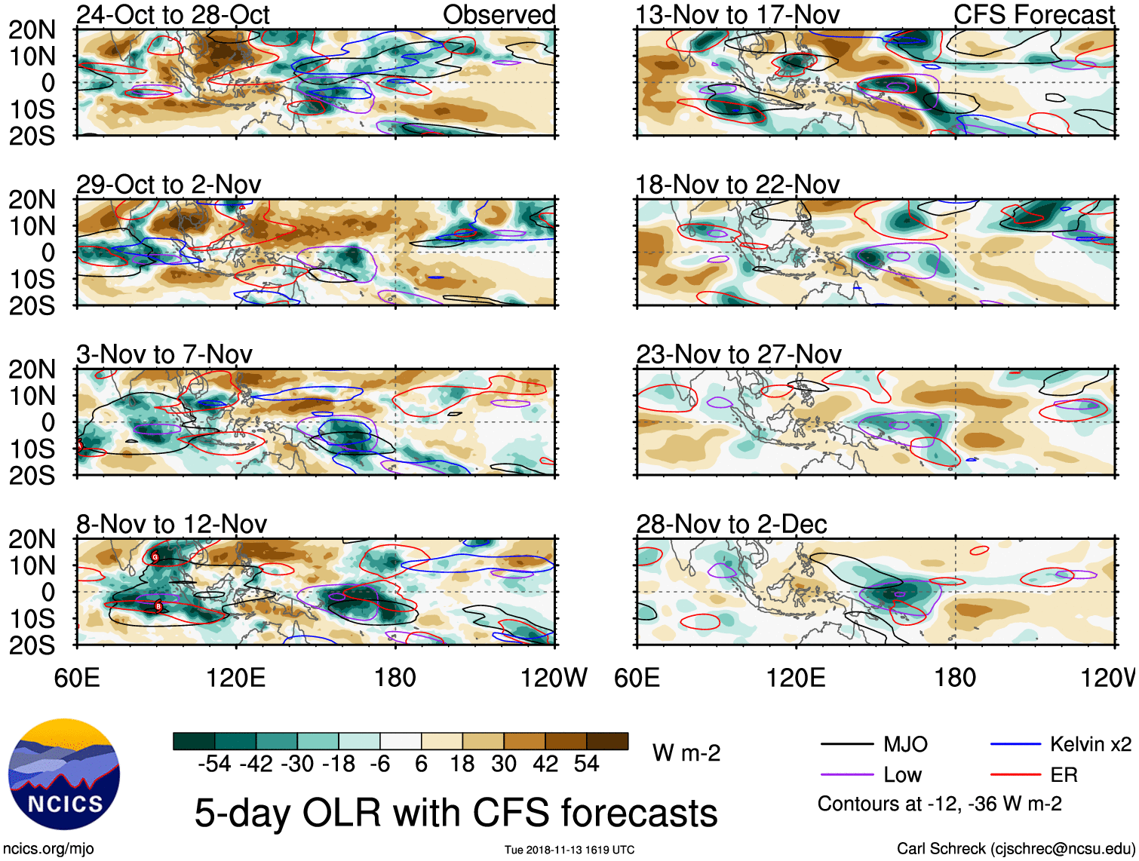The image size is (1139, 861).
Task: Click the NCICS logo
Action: (64, 774)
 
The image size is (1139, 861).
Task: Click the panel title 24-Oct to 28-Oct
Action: (173, 15)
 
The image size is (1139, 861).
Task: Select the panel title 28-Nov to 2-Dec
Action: (731, 524)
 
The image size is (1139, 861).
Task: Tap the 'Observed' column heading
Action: (499, 15)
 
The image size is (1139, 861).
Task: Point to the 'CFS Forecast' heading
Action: (1033, 15)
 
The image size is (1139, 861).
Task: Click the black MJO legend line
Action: (847, 745)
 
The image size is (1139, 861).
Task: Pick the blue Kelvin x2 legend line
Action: (1015, 745)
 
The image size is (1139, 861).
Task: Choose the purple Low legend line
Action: (847, 775)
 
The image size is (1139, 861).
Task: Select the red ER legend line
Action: (1015, 775)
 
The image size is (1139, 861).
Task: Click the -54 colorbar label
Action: (214, 764)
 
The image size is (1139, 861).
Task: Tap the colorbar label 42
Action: (545, 764)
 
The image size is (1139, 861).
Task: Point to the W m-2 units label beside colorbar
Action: (686, 753)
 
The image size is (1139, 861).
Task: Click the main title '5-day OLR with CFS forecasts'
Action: (456, 814)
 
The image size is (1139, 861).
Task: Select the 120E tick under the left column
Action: (236, 678)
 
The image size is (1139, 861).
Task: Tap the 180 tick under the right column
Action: (955, 678)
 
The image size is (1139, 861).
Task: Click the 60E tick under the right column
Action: (637, 678)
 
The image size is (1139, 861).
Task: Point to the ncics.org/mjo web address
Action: (48, 849)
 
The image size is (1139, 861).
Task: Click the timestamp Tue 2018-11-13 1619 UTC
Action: (569, 850)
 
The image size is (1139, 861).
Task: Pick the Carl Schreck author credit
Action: (1015, 849)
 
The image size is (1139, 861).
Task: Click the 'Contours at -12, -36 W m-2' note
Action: (939, 804)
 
